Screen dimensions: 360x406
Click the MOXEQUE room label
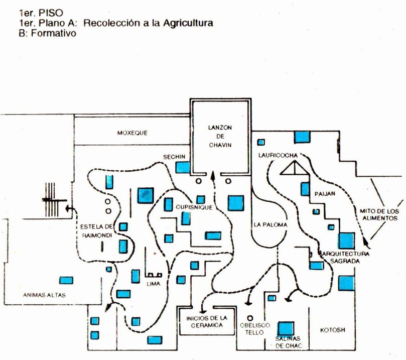[x=132, y=134]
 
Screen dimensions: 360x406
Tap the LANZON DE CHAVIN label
[x=221, y=136]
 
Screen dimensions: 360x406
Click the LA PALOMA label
[x=270, y=224]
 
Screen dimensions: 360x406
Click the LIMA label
[x=153, y=284]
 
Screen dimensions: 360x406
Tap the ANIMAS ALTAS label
[x=44, y=295]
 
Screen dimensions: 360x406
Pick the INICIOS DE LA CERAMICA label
[x=207, y=321]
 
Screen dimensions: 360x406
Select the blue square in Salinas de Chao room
[x=286, y=329]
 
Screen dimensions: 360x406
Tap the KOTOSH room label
[x=333, y=330]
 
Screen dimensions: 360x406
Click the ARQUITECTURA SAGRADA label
[x=347, y=258]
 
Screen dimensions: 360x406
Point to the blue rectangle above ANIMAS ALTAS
[x=66, y=280]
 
